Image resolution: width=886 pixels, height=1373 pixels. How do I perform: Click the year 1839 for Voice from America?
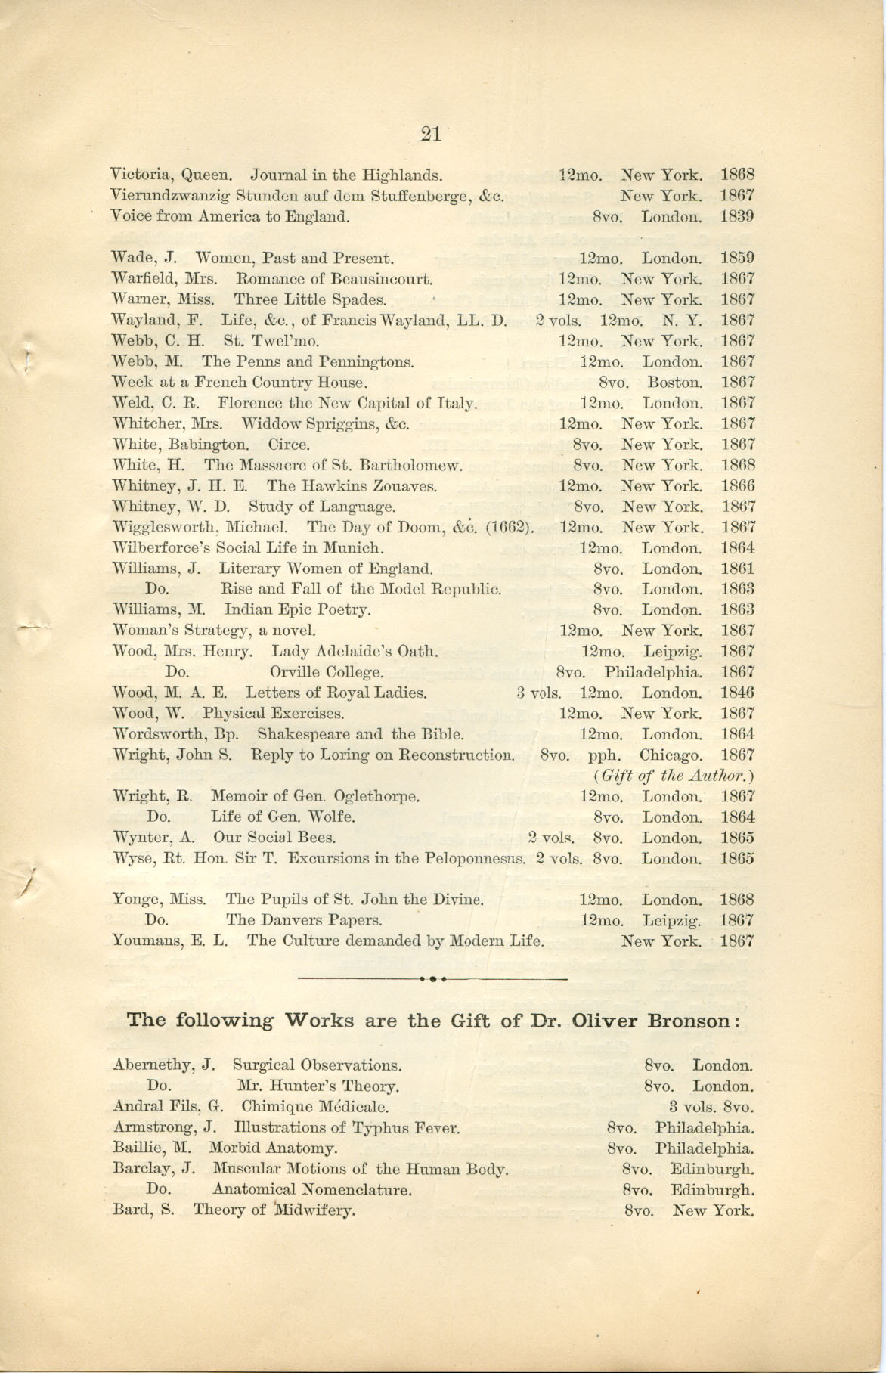[x=737, y=217]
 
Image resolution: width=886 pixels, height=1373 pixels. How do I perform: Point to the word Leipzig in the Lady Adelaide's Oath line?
[x=672, y=651]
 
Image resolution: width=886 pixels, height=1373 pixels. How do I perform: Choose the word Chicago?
[x=671, y=755]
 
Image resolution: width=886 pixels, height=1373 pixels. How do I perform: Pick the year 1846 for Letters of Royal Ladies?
[x=737, y=693]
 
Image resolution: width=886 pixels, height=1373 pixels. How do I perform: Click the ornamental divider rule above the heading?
[x=432, y=979]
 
